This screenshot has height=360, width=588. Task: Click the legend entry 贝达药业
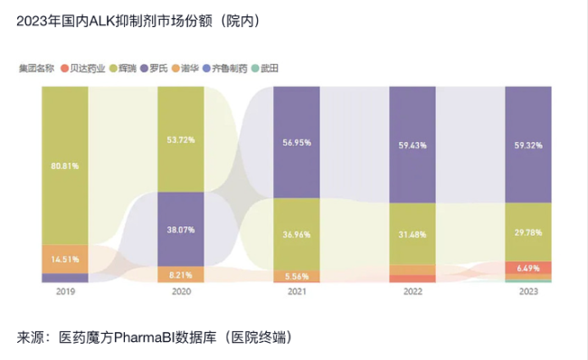point(89,68)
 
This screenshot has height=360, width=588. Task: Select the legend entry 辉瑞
point(128,68)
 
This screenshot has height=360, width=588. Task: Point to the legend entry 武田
point(269,68)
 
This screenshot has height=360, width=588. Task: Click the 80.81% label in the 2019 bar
point(65,166)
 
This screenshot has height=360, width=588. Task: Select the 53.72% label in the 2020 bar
point(181,140)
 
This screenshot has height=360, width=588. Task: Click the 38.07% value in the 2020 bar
point(181,229)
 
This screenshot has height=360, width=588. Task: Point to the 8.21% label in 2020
point(181,272)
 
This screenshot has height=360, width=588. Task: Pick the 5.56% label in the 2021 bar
point(297,275)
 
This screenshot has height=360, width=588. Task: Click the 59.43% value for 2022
point(413,144)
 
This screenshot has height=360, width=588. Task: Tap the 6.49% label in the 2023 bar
point(528,268)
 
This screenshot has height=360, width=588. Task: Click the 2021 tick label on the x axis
point(297,291)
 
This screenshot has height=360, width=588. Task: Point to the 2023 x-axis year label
point(528,291)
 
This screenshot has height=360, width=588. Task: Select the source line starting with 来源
point(155,337)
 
